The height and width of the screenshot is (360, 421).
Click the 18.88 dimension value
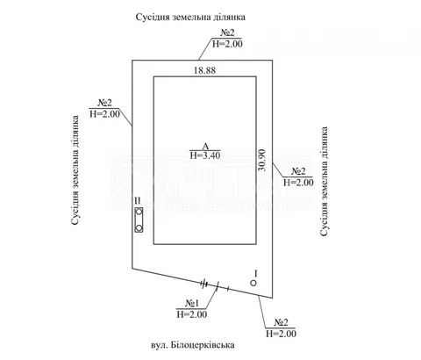(x=204, y=70)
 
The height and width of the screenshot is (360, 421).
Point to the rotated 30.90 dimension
(x=262, y=160)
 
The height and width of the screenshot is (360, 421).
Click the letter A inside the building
(x=205, y=146)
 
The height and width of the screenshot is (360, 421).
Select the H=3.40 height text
(x=205, y=155)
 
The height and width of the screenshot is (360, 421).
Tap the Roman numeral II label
(x=138, y=200)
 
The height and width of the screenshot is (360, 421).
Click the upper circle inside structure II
(x=139, y=212)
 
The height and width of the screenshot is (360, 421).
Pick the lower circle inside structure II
(x=139, y=227)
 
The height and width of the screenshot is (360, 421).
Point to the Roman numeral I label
(x=256, y=274)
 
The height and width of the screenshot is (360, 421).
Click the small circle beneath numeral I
(x=253, y=283)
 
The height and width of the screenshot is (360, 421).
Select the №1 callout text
(x=191, y=303)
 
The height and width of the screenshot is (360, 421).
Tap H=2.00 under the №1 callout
(x=192, y=314)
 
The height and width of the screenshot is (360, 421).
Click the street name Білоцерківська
(x=203, y=345)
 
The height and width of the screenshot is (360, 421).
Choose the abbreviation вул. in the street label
(x=160, y=345)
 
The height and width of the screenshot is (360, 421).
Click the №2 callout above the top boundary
(x=227, y=32)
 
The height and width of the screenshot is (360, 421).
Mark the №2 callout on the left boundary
(x=104, y=103)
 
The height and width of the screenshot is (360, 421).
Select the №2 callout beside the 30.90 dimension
(x=298, y=171)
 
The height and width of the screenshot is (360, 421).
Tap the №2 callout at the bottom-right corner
(x=281, y=322)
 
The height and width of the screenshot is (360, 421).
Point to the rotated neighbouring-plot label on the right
(x=324, y=181)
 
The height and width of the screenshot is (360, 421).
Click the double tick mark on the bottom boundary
(x=204, y=284)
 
